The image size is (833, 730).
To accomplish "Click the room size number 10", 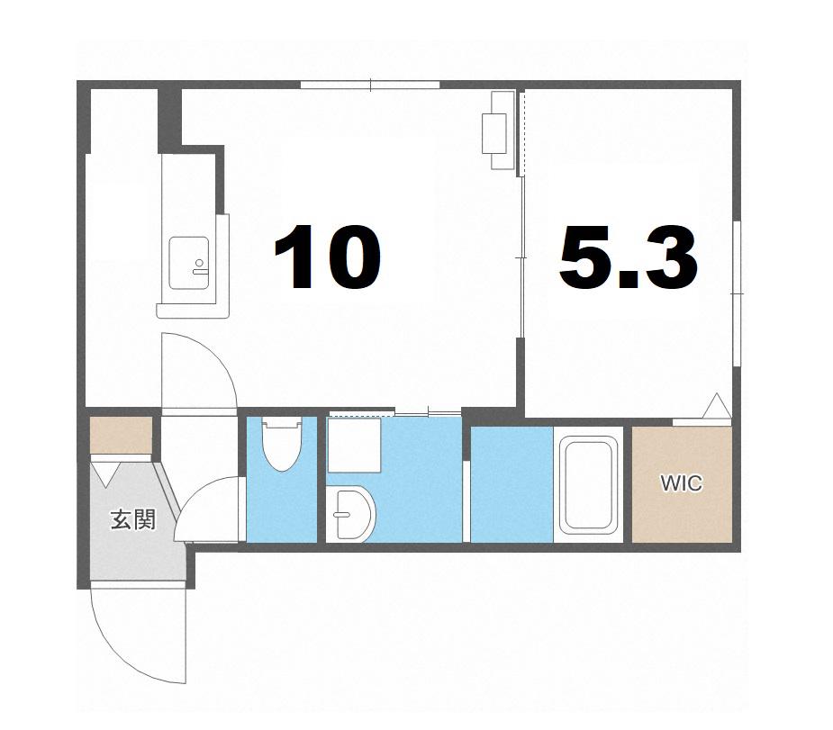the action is [x=327, y=257].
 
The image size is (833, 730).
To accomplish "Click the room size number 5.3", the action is [x=628, y=257].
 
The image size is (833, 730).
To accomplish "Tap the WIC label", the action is [x=681, y=483].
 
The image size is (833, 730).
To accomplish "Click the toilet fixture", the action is [x=282, y=443].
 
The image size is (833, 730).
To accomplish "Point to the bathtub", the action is [x=589, y=483].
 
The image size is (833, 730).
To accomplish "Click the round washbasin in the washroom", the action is [x=350, y=514].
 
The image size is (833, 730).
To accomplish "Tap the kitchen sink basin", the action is [x=188, y=263].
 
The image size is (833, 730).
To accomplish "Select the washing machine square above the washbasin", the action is [x=354, y=445].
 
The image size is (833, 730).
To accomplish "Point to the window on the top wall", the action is [x=370, y=84].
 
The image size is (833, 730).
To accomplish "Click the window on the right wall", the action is [x=737, y=293].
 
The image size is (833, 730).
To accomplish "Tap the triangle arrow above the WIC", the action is [x=717, y=406].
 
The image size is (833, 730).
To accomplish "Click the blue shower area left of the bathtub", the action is [x=512, y=484].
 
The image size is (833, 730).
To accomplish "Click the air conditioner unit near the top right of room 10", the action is [x=498, y=131].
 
